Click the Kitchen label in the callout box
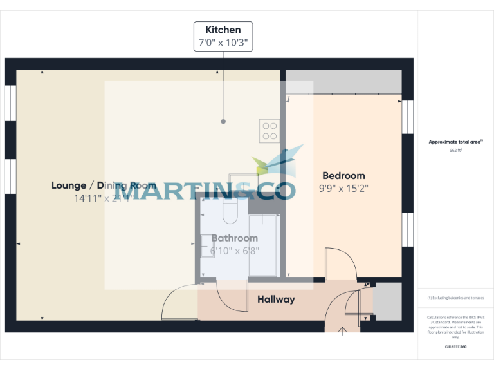[223, 30]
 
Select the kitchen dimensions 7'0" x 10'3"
[223, 43]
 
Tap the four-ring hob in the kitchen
[270, 131]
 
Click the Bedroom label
[343, 175]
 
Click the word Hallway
[276, 300]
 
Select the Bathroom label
[234, 238]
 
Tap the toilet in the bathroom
[230, 209]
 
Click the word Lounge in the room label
[69, 185]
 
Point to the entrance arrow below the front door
[342, 331]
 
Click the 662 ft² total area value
[455, 150]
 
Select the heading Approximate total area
[455, 142]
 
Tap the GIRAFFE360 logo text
[455, 347]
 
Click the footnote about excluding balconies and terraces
[455, 298]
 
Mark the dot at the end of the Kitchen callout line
[223, 121]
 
